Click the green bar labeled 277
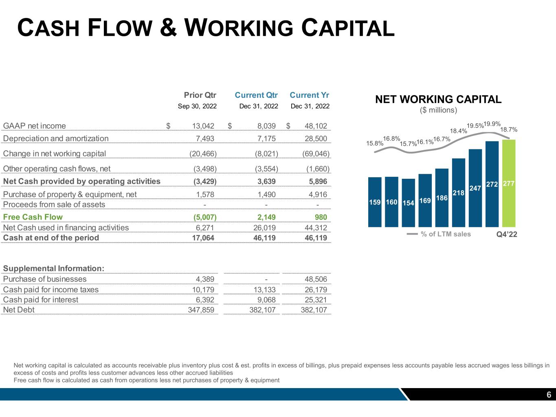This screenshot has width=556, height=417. pyautogui.click(x=509, y=183)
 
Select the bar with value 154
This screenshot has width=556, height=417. pyautogui.click(x=408, y=203)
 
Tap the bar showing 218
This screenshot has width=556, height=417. pyautogui.click(x=459, y=192)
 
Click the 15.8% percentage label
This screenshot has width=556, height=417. pyautogui.click(x=374, y=143)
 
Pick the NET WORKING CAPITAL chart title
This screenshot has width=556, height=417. pyautogui.click(x=438, y=99)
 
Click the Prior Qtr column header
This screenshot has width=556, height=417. pyautogui.click(x=200, y=95)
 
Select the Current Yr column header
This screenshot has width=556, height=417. pyautogui.click(x=309, y=95)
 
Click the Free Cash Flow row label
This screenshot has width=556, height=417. pyautogui.click(x=33, y=217)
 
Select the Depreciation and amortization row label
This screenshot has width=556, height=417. pyautogui.click(x=56, y=138)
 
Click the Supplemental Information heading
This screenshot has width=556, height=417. pyautogui.click(x=53, y=269)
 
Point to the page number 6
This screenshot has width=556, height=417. pyautogui.click(x=549, y=395)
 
